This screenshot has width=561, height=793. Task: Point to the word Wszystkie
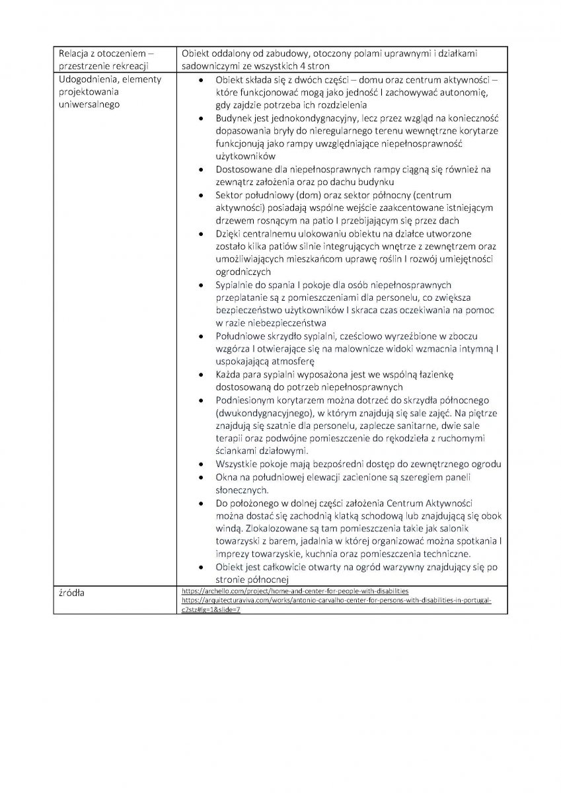(241, 464)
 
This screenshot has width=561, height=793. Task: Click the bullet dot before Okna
(202, 477)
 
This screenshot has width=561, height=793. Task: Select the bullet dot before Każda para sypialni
(202, 375)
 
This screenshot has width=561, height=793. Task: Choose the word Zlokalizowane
(282, 529)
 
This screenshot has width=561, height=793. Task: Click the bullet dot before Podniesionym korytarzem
(202, 400)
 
